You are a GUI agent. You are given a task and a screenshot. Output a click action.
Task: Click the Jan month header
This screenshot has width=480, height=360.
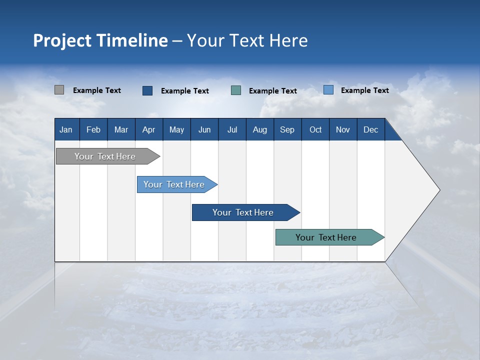coord(66,129)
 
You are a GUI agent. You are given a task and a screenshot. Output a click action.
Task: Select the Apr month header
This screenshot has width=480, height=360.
coord(148,129)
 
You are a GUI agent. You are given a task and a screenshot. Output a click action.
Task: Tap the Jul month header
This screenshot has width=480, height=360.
coord(232,129)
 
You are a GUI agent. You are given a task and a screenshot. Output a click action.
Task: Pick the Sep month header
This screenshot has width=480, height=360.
coord(287,129)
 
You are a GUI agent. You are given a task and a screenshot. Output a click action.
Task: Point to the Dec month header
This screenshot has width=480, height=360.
coord(370,129)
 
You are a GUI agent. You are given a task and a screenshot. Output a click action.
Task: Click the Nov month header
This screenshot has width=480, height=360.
coord(342,129)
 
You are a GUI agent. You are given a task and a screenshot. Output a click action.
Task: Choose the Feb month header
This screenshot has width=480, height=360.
coord(93,129)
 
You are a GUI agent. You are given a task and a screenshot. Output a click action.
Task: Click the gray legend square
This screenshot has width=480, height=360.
coord(59,90)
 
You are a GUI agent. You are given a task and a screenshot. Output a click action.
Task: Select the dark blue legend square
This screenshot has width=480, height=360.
coord(147,90)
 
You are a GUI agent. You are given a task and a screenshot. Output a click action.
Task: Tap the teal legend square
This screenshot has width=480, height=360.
coord(236,90)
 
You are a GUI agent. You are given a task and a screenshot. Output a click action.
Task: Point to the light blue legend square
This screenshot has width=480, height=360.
coord(328,90)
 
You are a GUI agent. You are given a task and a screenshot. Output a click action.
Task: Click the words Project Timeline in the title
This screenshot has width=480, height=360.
coord(100,40)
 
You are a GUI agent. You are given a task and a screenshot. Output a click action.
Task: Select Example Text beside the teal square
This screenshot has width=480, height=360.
coord(272,90)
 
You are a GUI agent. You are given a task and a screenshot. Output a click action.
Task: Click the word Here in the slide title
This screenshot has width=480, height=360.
coord(288,40)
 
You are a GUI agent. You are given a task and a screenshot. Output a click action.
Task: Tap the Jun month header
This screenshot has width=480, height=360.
coord(204,129)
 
